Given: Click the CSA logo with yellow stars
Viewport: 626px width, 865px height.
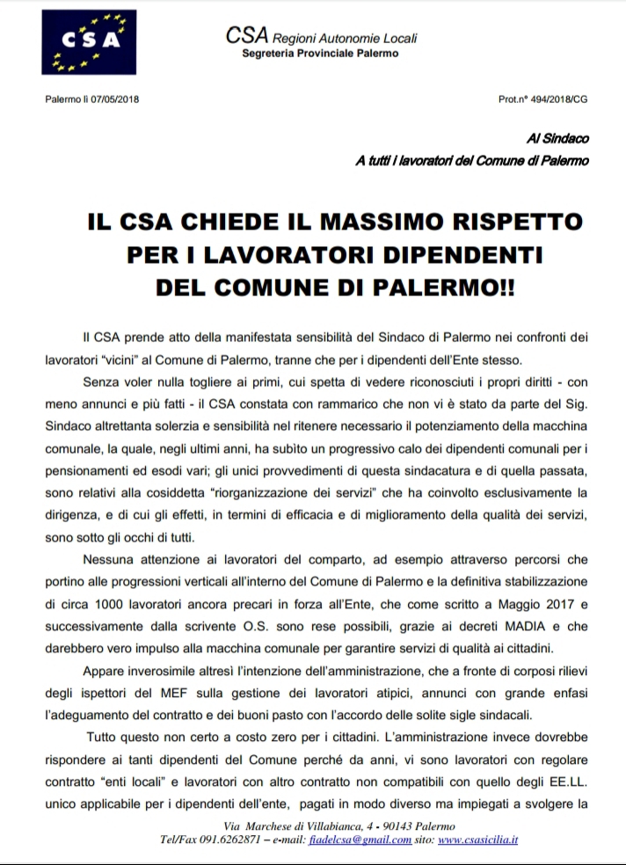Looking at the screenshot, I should pyautogui.click(x=86, y=41).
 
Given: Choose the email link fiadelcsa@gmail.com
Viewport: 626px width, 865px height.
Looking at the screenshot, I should pyautogui.click(x=367, y=840).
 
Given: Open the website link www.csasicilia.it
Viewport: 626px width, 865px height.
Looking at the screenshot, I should pyautogui.click(x=477, y=840).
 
